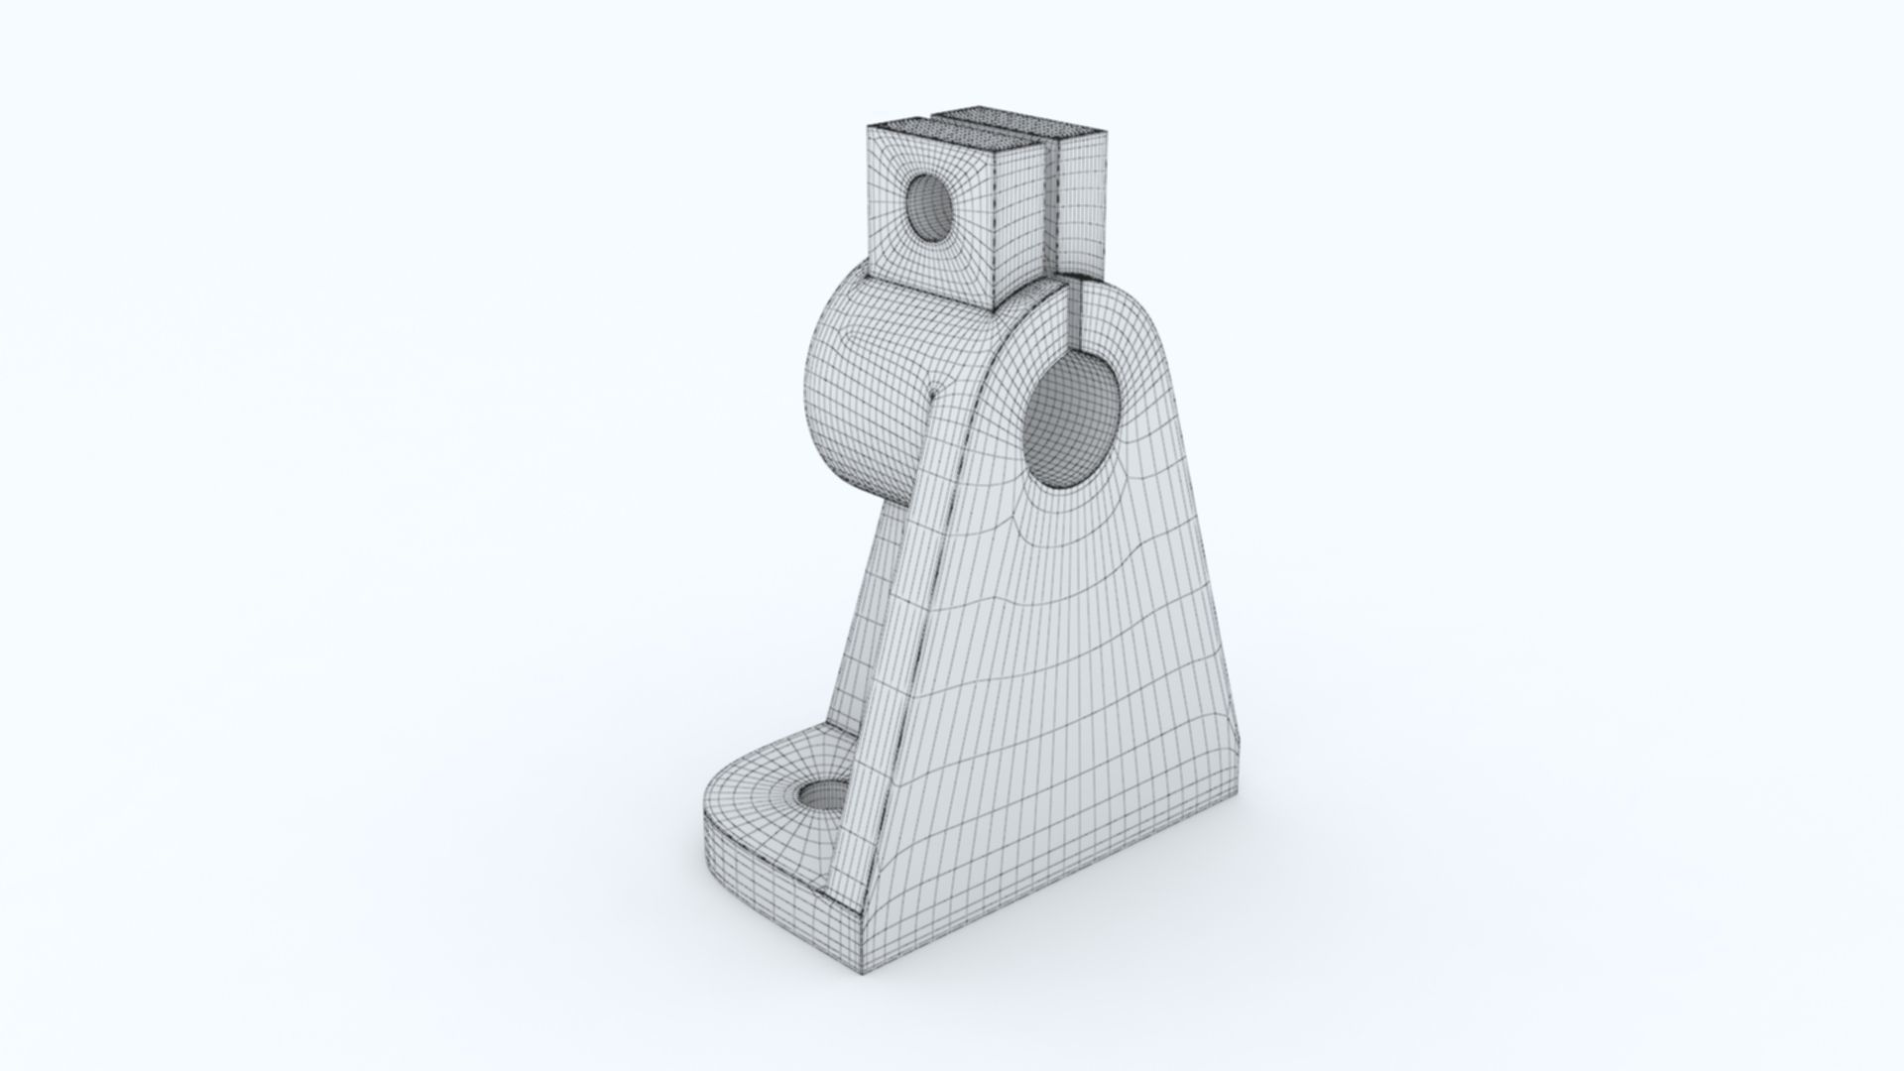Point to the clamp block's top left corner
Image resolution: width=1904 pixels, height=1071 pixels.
tap(869, 126)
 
